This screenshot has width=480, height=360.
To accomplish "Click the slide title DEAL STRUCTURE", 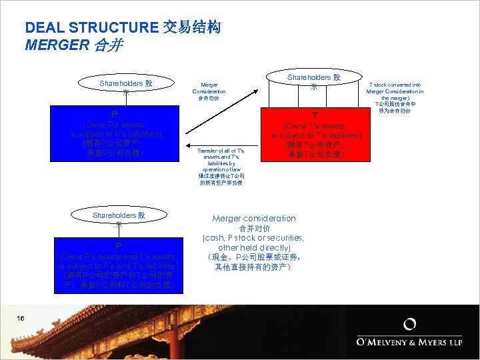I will (x=92, y=28).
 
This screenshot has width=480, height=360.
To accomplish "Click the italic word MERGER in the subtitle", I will (x=57, y=45).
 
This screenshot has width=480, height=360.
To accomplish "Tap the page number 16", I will (x=21, y=318).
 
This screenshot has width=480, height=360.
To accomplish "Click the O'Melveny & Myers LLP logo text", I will (x=410, y=343).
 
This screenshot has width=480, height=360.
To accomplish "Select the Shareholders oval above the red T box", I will (x=313, y=82).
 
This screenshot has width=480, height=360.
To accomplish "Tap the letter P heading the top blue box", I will (x=115, y=114).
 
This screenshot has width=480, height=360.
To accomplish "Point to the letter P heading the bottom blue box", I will (x=118, y=245).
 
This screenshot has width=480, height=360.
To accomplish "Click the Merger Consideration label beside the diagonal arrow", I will (x=209, y=91).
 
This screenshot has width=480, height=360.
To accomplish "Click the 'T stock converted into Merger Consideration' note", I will (x=395, y=98).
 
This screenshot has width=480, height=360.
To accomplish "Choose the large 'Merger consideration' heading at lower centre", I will (x=253, y=219).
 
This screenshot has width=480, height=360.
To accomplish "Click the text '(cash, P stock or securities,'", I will (x=253, y=238).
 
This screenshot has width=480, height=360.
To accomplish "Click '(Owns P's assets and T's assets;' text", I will (x=118, y=257).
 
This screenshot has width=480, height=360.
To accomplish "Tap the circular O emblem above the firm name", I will (x=410, y=325).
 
